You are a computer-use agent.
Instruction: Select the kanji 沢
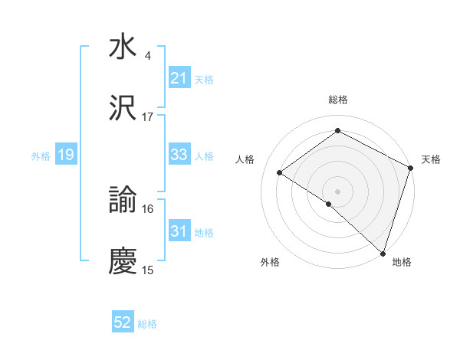tap(123, 109)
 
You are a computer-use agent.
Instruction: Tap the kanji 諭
tap(123, 201)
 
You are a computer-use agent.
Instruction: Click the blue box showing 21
tap(179, 78)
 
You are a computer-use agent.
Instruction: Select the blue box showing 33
tap(179, 155)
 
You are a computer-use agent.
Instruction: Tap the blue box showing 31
tap(179, 231)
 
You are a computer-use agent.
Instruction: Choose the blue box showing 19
tap(65, 155)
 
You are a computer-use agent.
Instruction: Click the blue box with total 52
tap(123, 322)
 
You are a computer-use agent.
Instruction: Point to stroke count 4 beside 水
tap(148, 56)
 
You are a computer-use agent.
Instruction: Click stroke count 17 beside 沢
tap(148, 117)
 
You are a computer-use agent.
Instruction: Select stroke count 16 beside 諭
tap(148, 209)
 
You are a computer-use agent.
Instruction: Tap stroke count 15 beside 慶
tap(148, 270)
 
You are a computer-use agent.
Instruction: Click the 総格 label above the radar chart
tap(338, 100)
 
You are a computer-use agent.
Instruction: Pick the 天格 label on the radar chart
tap(431, 159)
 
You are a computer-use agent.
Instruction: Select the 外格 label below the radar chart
tap(270, 262)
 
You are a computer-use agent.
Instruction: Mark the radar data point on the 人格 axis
tap(280, 173)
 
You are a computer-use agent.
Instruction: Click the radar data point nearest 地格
tap(383, 253)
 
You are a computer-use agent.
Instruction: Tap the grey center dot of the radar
tap(337, 190)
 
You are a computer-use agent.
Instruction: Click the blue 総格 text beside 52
tap(147, 324)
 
